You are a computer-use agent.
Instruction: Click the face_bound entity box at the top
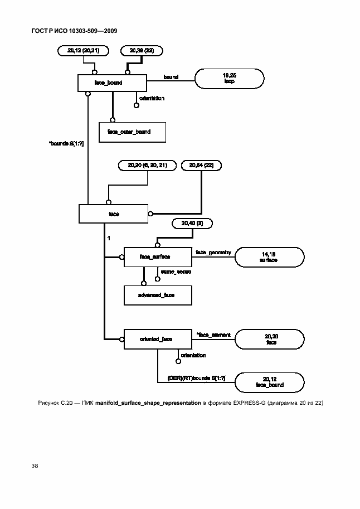[111, 83]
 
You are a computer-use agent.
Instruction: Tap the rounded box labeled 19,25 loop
[229, 79]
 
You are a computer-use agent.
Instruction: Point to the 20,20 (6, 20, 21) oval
[148, 165]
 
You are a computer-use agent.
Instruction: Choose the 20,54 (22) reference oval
[205, 165]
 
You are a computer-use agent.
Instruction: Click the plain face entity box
[114, 214]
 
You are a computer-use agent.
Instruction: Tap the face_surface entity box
[158, 256]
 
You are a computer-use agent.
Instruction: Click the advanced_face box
[158, 295]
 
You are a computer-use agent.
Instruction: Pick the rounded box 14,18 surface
[269, 257]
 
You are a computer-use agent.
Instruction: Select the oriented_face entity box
[158, 338]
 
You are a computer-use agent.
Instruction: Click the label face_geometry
[213, 253]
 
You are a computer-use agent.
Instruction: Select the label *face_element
[210, 335]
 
